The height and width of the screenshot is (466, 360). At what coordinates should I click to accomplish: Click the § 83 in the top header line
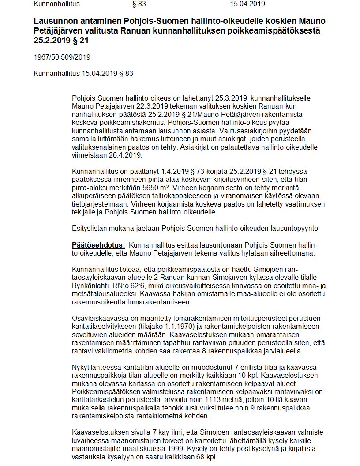tap(139, 4)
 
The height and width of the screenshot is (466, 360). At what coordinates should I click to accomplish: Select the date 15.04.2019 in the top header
tap(247, 4)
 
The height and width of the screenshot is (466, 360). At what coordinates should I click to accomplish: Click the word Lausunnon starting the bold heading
tap(52, 22)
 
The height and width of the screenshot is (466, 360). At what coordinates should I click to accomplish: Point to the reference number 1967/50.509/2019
tap(62, 58)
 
